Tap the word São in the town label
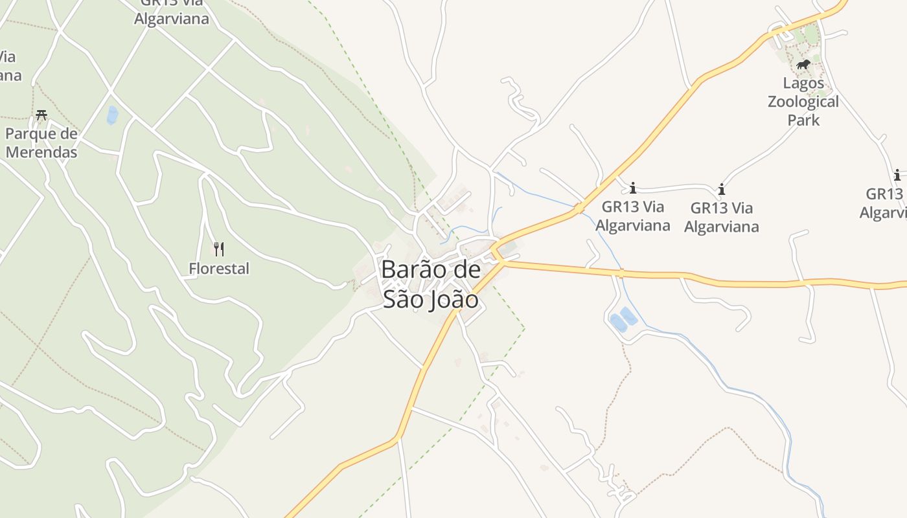click(404, 300)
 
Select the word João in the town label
click(454, 300)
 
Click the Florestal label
click(219, 268)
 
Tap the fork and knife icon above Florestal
click(219, 249)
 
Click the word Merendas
click(41, 153)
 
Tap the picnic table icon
click(42, 115)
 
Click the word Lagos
click(803, 83)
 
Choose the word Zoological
click(803, 102)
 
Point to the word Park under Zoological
click(803, 120)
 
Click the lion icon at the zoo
click(803, 65)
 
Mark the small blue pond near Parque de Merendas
click(113, 115)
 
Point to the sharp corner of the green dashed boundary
click(524, 329)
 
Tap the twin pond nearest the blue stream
click(628, 317)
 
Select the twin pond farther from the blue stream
click(617, 322)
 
